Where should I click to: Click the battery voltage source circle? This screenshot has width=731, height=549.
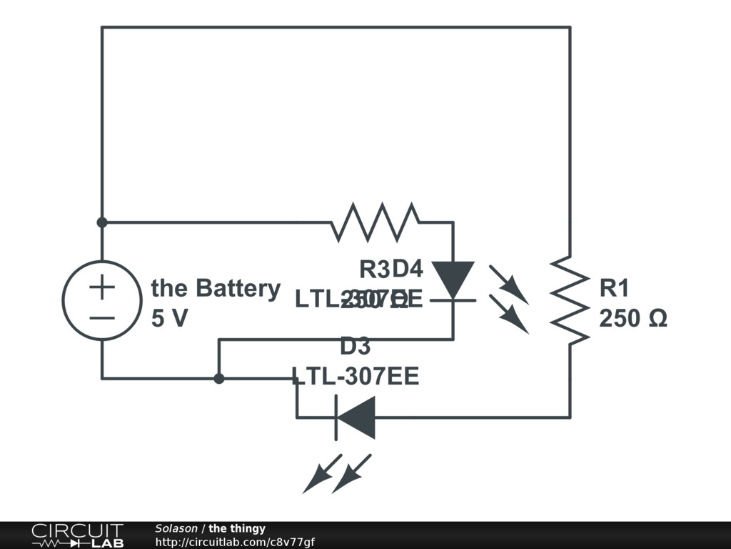coord(102,300)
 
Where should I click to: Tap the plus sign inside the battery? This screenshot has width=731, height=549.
coord(102,287)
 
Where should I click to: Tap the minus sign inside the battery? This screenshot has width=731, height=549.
coord(102,316)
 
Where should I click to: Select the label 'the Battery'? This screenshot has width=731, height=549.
coord(216,289)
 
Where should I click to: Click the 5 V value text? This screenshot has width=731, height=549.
coord(169,318)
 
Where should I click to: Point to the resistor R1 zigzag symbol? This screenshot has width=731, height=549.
coord(570,300)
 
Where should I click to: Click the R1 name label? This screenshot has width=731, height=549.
coord(614,289)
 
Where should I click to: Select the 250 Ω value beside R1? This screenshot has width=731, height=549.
coord(632,318)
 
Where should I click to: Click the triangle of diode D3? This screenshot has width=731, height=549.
coord(356,417)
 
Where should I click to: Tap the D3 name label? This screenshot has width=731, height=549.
coord(355,347)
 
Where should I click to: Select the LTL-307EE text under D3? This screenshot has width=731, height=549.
coord(355,376)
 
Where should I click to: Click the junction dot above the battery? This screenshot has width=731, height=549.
coord(102,222)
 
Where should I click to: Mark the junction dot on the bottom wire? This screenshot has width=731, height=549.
coord(219,378)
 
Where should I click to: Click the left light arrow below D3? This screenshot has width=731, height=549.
coord(317,475)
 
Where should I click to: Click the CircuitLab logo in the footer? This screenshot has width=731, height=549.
coord(77,535)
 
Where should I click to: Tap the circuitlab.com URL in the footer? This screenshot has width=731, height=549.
coord(235,542)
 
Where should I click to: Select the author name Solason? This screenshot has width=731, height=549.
coord(176,529)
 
